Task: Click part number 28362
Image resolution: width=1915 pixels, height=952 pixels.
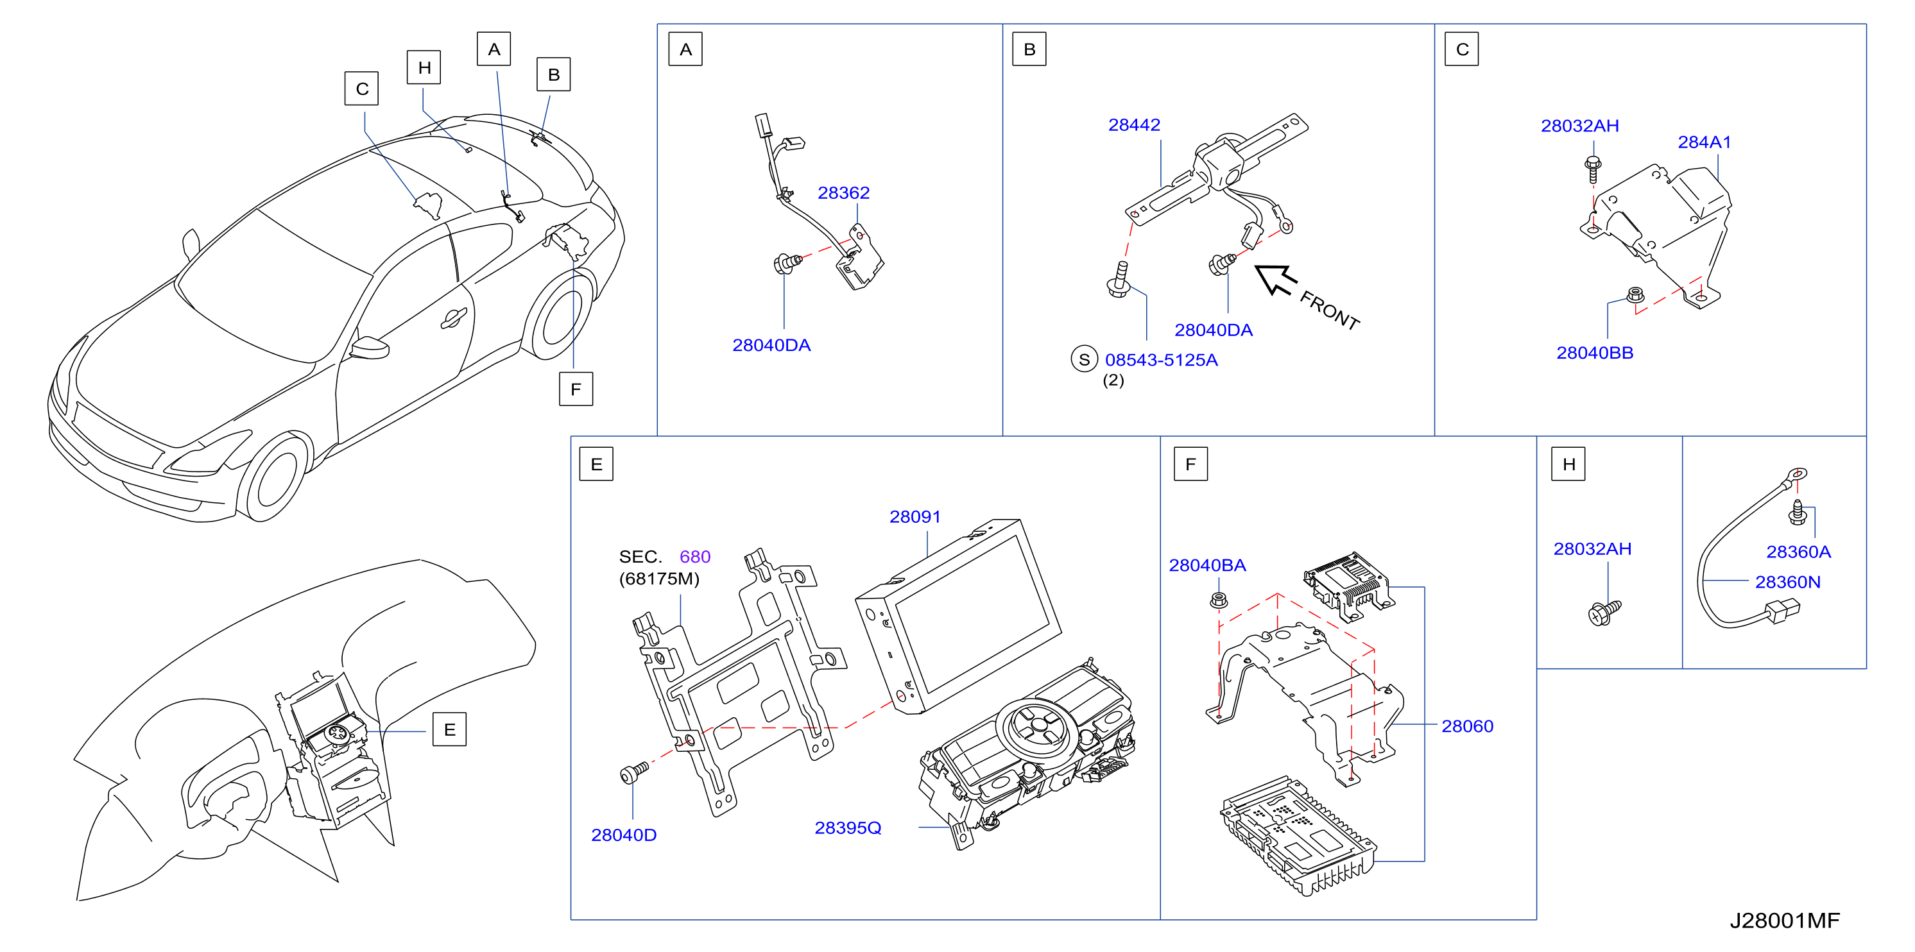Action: tap(843, 193)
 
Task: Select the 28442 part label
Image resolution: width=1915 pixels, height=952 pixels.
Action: tap(1134, 125)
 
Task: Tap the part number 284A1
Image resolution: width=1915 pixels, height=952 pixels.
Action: tap(1704, 142)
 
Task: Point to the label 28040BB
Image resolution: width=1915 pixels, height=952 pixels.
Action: tap(1595, 353)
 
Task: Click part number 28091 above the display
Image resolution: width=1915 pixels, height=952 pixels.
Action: tap(915, 516)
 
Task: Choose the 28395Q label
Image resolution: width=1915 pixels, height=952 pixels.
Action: tap(848, 828)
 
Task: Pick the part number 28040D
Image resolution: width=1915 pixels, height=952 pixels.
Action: tap(624, 835)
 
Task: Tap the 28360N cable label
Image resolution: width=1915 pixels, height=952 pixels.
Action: tap(1787, 582)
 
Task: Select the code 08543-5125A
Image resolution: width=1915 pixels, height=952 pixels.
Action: tap(1161, 361)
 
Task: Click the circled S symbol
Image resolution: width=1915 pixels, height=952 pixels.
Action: tap(1084, 360)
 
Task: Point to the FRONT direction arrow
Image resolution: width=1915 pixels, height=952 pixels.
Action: tap(1276, 280)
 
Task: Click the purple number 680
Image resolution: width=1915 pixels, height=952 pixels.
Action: tap(694, 557)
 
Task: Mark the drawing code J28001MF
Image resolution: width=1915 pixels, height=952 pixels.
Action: tap(1784, 921)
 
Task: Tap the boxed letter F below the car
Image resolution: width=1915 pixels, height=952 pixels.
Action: tap(576, 389)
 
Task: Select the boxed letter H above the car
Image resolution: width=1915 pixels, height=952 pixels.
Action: tap(424, 67)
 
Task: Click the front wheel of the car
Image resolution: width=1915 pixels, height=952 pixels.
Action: tap(275, 477)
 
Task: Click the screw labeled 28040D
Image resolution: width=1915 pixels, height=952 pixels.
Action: tap(634, 773)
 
